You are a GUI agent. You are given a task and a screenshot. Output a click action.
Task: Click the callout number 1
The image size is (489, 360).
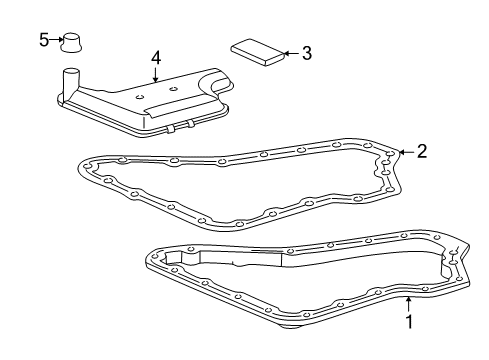coord(408,322)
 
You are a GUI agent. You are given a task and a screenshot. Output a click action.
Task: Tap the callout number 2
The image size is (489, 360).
coord(422,152)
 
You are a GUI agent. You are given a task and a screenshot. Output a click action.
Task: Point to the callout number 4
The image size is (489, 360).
coord(156,58)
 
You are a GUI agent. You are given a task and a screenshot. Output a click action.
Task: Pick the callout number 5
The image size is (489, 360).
coord(43,39)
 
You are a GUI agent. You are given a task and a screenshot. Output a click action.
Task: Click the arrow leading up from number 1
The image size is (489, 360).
coord(408,302)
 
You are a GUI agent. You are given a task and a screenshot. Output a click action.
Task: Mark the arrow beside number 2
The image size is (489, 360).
coord(404,152)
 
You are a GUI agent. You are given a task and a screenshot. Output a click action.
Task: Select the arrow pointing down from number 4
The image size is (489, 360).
coord(156,78)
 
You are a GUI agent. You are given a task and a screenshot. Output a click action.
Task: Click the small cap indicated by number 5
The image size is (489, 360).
coord(72,42)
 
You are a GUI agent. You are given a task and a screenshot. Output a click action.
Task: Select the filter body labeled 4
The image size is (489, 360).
coord(150,104)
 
